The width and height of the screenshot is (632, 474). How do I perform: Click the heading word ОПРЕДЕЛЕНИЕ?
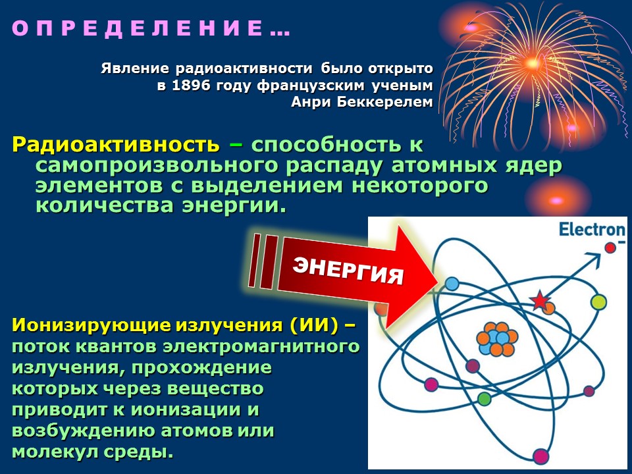coord(138,28)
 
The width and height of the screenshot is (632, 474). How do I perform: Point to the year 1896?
coord(192,86)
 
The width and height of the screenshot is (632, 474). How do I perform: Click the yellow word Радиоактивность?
coord(116,145)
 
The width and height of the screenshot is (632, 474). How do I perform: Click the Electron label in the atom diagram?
coord(592,230)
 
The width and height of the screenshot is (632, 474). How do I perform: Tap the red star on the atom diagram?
coord(539,300)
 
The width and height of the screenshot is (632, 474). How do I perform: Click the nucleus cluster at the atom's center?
coord(497,338)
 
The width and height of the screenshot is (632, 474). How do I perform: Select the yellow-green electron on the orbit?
coord(598,302)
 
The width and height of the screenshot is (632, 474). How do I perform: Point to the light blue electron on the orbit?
coord(452,284)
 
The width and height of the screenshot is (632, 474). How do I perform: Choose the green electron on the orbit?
coord(484,399)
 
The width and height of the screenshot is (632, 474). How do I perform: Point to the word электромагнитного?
coord(261,347)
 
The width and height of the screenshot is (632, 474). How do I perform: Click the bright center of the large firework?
coord(532,63)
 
